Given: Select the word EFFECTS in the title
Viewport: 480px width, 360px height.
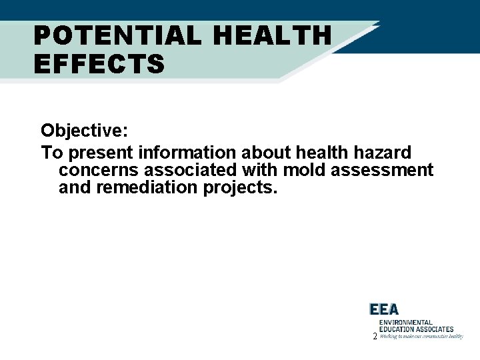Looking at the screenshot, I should pyautogui.click(x=99, y=65).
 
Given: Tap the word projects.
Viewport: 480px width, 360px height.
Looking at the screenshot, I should pyautogui.click(x=239, y=188).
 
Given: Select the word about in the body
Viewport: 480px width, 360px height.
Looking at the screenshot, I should pyautogui.click(x=267, y=153).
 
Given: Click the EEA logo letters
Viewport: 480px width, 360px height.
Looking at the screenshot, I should pyautogui.click(x=384, y=309).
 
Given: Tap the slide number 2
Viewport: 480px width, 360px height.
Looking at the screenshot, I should pyautogui.click(x=375, y=337).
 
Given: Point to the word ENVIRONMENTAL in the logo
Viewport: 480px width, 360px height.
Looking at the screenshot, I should pyautogui.click(x=405, y=322).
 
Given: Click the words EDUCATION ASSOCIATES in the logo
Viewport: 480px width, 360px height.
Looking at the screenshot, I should pyautogui.click(x=416, y=329).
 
